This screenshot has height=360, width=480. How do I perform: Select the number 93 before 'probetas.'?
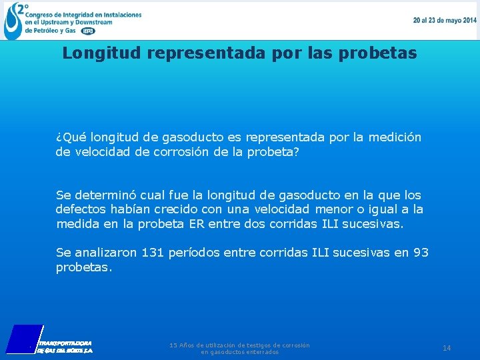(x=421, y=253)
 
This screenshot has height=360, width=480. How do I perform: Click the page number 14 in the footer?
(x=447, y=348)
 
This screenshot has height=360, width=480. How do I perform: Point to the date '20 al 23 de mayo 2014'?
(x=445, y=20)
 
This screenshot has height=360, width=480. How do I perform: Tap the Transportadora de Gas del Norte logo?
(x=50, y=339)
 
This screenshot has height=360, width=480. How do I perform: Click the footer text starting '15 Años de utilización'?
(x=239, y=348)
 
